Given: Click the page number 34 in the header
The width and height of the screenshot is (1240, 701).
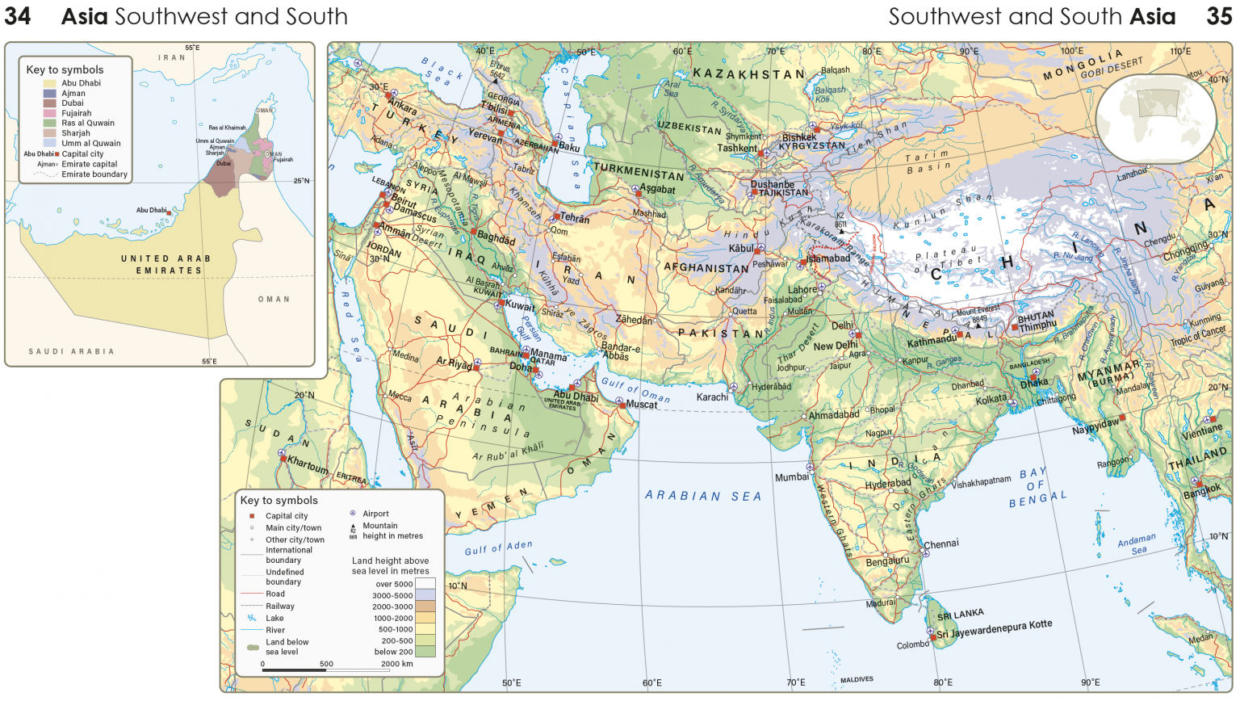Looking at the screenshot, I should (18, 16).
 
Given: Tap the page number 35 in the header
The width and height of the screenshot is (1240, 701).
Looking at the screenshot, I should (1219, 16).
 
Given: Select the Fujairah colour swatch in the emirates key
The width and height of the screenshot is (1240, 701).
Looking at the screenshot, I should (50, 113).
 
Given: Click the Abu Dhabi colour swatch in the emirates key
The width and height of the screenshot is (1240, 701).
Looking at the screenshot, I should (50, 83).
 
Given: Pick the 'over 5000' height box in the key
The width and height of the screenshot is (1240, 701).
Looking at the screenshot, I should (425, 584).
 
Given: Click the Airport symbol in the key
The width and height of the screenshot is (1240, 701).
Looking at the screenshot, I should (353, 514).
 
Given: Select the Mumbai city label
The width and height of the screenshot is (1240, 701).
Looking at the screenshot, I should (791, 477).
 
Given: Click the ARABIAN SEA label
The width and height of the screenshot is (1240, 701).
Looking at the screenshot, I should (702, 496).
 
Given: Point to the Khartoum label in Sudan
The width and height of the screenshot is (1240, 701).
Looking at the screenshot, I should (308, 466).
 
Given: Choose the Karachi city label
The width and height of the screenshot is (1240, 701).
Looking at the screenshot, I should (712, 397).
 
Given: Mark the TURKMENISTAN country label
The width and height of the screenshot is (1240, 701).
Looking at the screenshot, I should (639, 171).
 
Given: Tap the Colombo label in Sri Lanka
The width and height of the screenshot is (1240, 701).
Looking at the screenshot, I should (912, 644).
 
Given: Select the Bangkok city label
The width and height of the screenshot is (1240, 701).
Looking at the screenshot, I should (1202, 491).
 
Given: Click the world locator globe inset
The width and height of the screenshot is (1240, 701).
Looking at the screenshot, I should (1156, 118).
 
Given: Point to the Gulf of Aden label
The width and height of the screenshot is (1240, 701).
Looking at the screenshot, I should (498, 548).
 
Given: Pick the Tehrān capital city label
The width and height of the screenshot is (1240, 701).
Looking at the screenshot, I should (574, 219).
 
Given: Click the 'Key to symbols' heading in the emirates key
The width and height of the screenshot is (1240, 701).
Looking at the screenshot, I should (65, 69).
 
